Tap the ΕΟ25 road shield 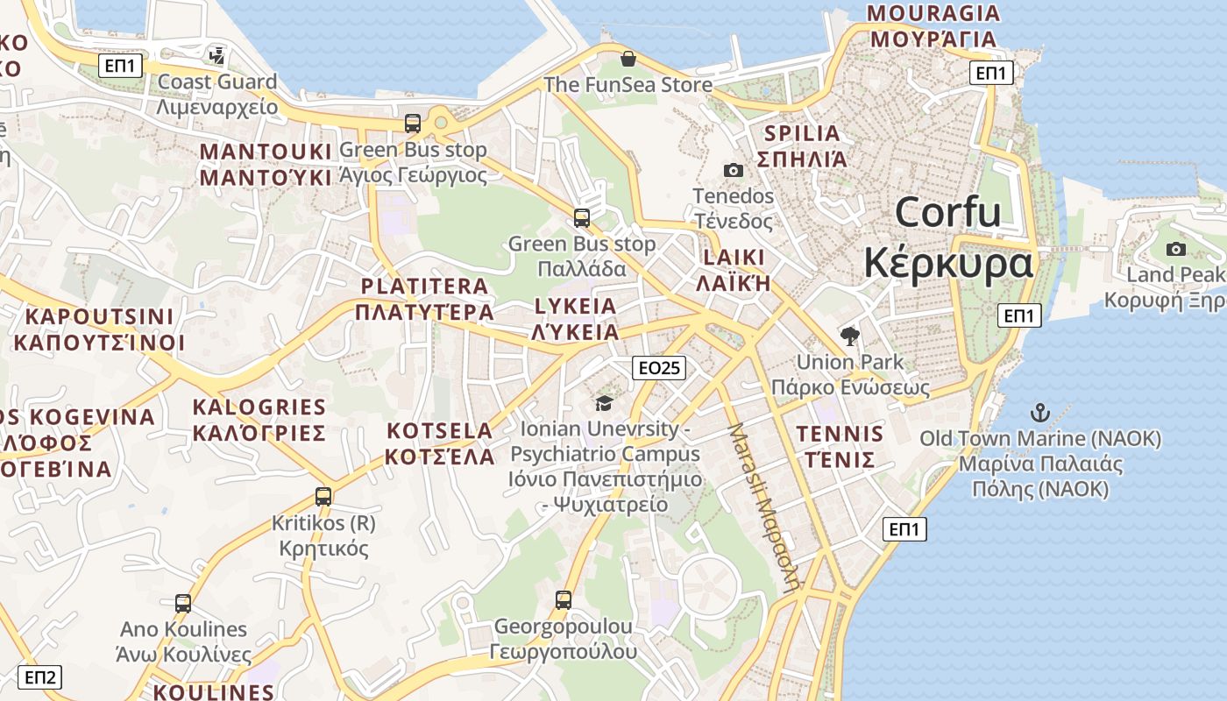pyautogui.click(x=658, y=368)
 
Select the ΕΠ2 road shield pyautogui.click(x=40, y=677)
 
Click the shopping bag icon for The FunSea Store pyautogui.click(x=628, y=59)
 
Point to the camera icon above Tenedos pyautogui.click(x=733, y=170)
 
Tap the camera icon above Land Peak pyautogui.click(x=1176, y=249)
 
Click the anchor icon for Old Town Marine pyautogui.click(x=1039, y=412)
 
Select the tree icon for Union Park pyautogui.click(x=849, y=336)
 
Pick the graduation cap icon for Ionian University pyautogui.click(x=604, y=403)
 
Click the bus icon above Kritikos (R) pyautogui.click(x=323, y=497)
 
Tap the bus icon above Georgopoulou pyautogui.click(x=563, y=600)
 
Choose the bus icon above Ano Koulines pyautogui.click(x=182, y=604)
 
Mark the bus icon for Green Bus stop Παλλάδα pyautogui.click(x=581, y=218)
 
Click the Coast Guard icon pyautogui.click(x=216, y=57)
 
